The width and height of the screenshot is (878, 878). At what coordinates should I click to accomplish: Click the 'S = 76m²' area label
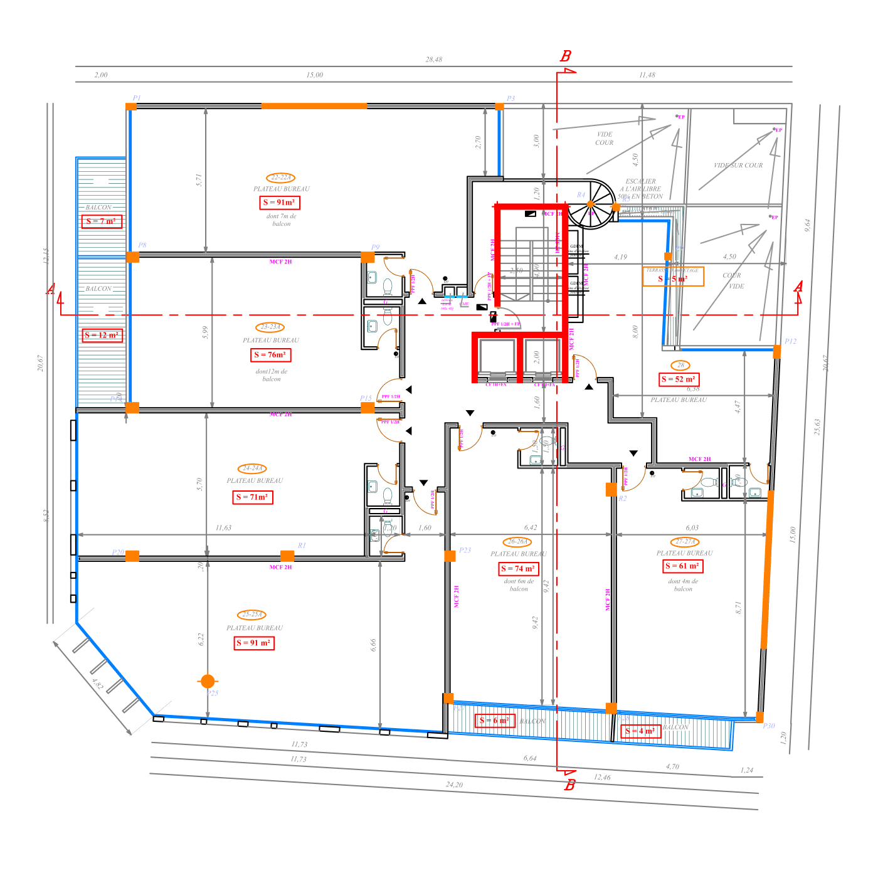tap(271, 355)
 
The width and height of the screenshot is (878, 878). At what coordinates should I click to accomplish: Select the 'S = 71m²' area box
tap(253, 497)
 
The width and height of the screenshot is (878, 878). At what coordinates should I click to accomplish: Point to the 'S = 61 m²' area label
tap(683, 566)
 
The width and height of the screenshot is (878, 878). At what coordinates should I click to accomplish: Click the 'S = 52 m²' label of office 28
tap(679, 379)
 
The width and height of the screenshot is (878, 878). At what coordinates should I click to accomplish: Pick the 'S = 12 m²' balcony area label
tap(102, 336)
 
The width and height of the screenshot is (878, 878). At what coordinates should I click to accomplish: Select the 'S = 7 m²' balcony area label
tap(102, 221)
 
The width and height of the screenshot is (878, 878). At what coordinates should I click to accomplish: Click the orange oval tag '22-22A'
tap(280, 178)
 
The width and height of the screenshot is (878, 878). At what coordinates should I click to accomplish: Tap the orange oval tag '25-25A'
tap(252, 615)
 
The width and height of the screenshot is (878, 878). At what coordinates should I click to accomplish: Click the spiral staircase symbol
tap(592, 203)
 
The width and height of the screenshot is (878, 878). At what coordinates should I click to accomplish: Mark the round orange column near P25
tap(208, 681)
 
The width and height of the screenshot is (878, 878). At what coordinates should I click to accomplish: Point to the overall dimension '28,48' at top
tap(433, 60)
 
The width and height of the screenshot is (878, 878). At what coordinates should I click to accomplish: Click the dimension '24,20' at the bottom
tap(454, 785)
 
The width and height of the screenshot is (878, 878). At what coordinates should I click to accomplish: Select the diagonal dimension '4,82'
tap(97, 684)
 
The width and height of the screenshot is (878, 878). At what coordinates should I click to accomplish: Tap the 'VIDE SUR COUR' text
tap(738, 166)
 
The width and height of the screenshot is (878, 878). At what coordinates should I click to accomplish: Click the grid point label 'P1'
tap(137, 98)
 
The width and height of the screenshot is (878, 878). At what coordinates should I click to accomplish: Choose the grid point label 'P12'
tap(790, 342)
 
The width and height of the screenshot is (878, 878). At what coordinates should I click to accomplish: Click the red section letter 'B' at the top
tap(566, 56)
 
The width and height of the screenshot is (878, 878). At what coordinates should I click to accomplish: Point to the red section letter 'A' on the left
tap(51, 289)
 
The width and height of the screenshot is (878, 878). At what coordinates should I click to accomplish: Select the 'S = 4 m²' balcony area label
tap(640, 731)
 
